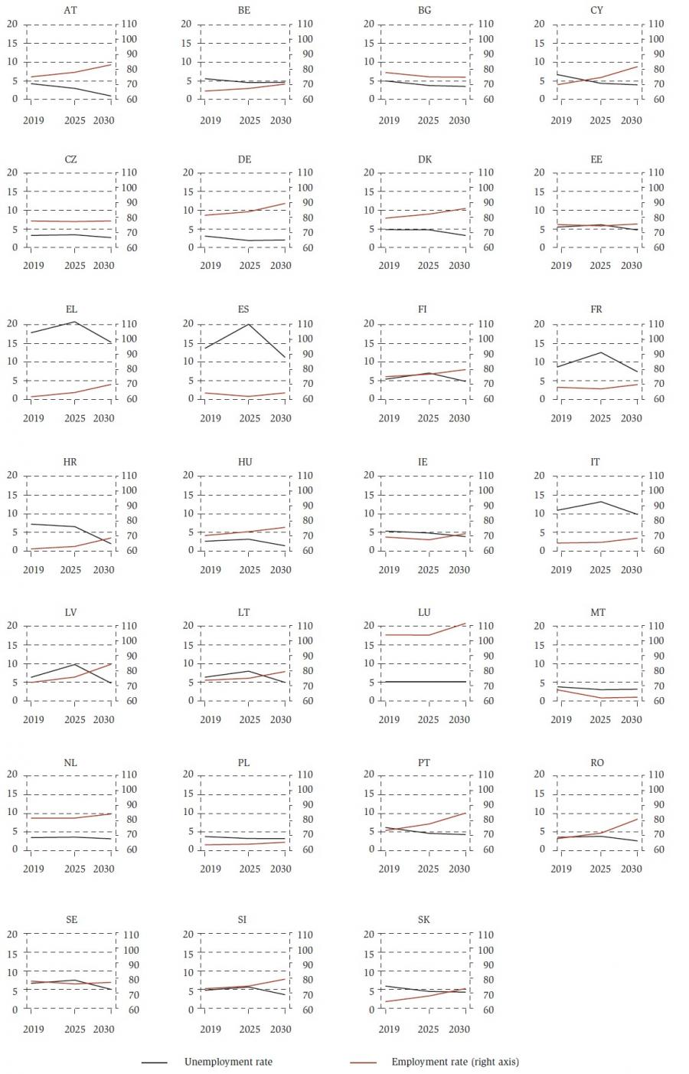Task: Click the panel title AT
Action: (x=70, y=10)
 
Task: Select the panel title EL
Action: (x=71, y=309)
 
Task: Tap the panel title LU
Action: (x=424, y=612)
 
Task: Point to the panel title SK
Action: (x=424, y=919)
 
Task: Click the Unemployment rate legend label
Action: (x=228, y=1062)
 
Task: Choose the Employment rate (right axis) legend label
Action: (x=455, y=1062)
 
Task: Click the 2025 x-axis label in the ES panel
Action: (x=250, y=418)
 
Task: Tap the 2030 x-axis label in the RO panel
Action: (x=632, y=869)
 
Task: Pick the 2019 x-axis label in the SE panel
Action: (x=34, y=1029)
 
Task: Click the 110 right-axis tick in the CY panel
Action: (x=656, y=24)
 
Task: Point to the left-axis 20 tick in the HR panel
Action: (x=11, y=475)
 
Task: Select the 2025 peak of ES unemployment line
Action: (x=249, y=324)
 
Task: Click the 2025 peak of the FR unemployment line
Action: (x=601, y=352)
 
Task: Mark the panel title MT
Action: (x=598, y=612)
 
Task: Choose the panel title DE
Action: (x=244, y=159)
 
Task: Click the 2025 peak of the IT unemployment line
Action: (x=601, y=502)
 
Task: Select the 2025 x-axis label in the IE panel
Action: (x=428, y=569)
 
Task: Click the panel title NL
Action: (x=70, y=762)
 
